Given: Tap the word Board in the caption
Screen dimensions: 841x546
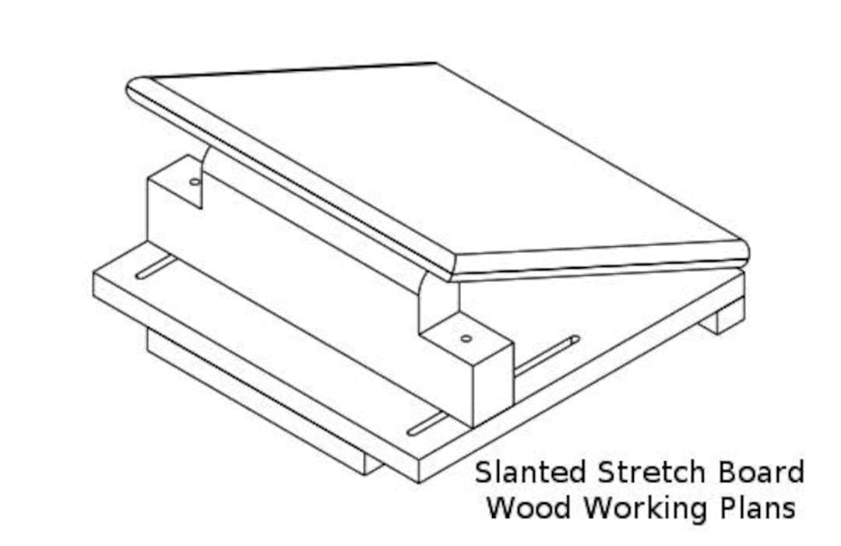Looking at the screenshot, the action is click(765, 472).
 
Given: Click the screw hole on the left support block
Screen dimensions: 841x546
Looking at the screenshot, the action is click(194, 181).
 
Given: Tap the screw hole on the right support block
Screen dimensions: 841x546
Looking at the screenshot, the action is click(466, 338).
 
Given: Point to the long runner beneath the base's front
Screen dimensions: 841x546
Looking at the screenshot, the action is click(257, 405).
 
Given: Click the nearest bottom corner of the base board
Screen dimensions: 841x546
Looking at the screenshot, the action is click(419, 477).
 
